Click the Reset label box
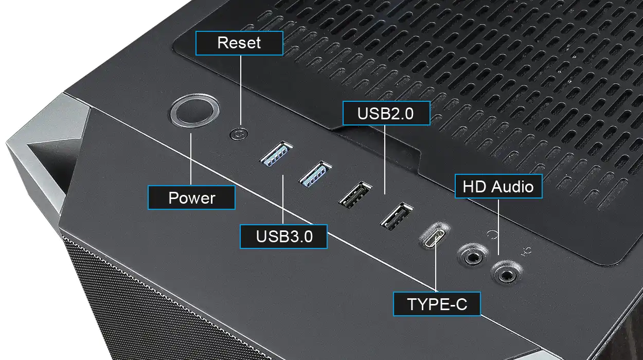pos(239,43)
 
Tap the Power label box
pos(191,197)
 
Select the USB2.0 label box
pos(385,113)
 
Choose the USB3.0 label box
pos(284,237)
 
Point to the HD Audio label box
pos(498,186)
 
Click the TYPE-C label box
pos(437,304)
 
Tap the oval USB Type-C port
pos(435,235)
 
